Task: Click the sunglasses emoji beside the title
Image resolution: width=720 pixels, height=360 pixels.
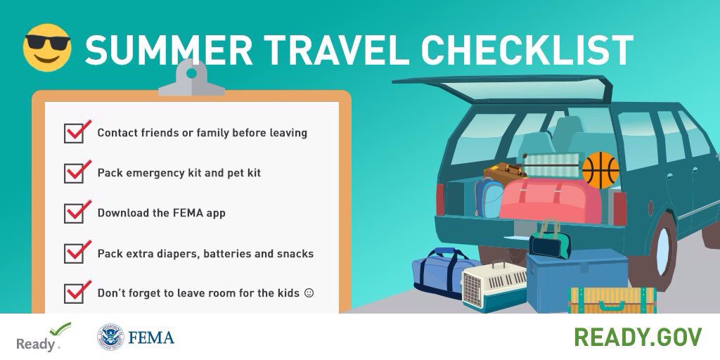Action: [47, 47]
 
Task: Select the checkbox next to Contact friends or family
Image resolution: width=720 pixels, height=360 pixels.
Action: [74, 133]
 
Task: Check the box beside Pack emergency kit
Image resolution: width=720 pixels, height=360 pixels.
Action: [74, 173]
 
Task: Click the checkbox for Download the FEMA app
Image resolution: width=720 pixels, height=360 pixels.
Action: [74, 213]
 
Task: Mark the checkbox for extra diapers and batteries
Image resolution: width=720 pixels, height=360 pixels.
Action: [74, 253]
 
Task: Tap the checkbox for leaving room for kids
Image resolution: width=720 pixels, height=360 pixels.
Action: [74, 292]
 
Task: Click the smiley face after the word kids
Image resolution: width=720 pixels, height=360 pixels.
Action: [308, 292]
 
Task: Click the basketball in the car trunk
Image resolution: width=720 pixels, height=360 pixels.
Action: [600, 169]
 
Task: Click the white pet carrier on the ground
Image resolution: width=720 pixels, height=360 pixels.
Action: [494, 285]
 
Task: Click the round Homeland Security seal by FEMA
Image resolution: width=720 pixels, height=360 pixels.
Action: [110, 338]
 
